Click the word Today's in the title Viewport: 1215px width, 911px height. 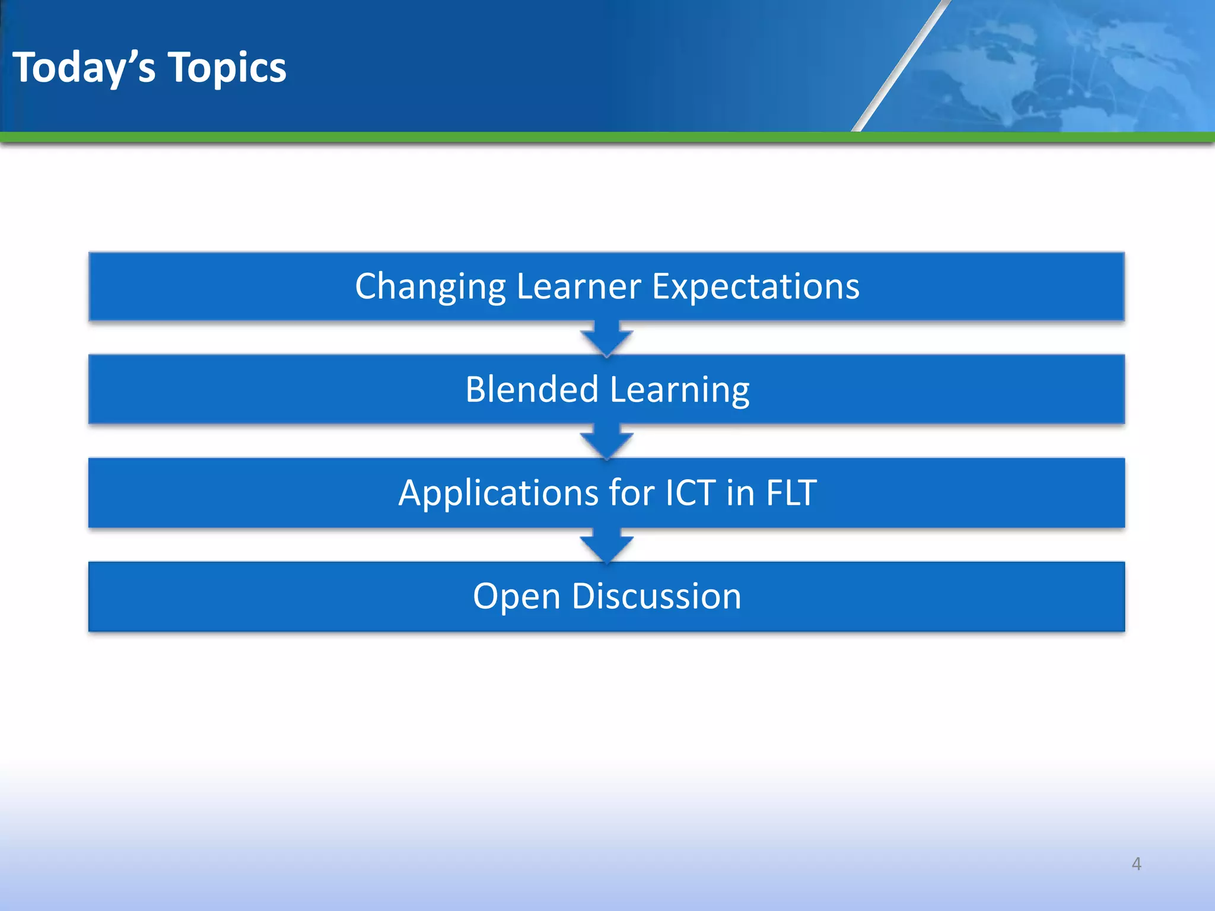(84, 68)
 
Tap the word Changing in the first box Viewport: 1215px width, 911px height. (430, 286)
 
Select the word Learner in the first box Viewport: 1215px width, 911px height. (578, 286)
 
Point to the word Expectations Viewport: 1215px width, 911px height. (755, 286)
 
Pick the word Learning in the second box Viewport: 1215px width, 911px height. (679, 390)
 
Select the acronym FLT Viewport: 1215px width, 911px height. (791, 493)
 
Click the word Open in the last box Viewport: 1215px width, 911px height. (516, 596)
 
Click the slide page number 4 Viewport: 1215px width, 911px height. (1136, 864)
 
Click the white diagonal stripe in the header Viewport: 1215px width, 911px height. (900, 65)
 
